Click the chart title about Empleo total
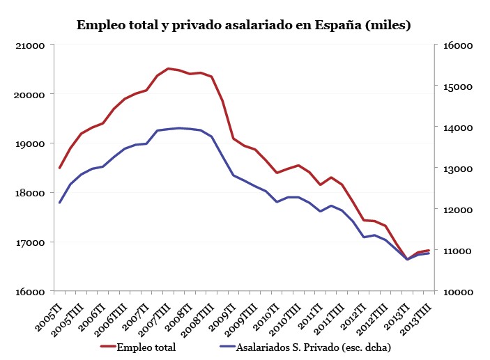243,25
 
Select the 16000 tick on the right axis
458,45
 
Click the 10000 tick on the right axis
458,292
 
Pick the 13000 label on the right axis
458,169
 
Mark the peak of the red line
168,68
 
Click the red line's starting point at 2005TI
60,168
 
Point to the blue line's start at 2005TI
60,203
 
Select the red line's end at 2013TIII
428,250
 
